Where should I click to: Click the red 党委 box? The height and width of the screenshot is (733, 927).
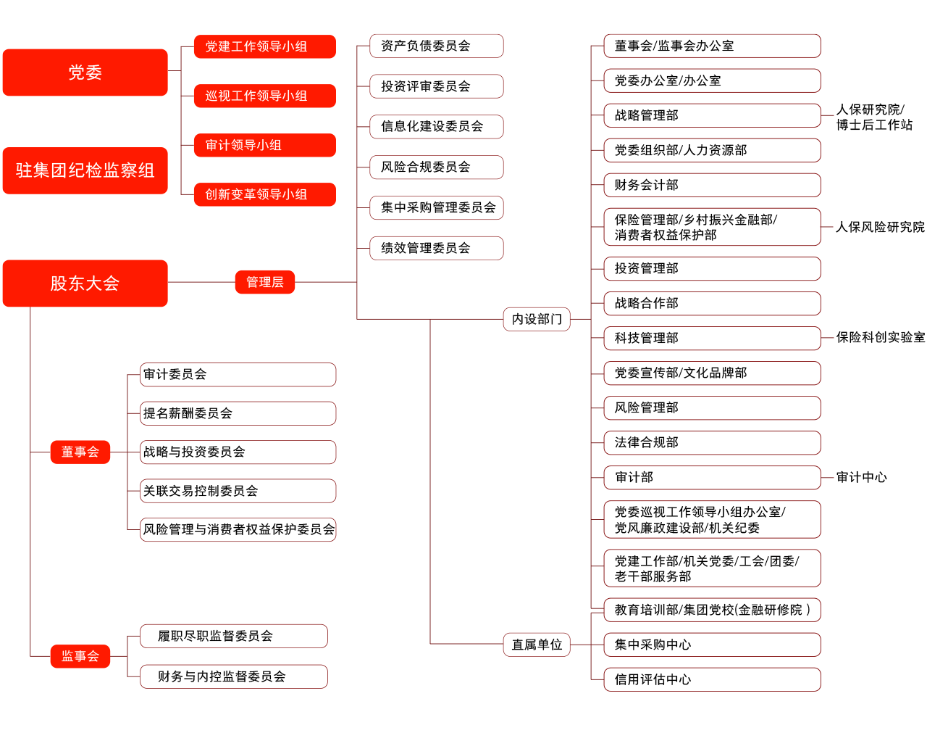point(85,73)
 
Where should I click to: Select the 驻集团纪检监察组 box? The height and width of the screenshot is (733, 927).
point(85,170)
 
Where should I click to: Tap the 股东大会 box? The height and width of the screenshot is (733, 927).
point(85,283)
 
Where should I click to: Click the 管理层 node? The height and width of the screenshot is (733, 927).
point(264,282)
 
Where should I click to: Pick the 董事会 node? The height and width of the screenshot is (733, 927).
point(80,452)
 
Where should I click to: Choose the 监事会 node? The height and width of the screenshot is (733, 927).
point(80,656)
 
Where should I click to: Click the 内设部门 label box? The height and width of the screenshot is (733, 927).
point(537,319)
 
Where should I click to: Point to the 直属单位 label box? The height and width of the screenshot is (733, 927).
point(537,645)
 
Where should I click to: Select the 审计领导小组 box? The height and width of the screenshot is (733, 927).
point(264,145)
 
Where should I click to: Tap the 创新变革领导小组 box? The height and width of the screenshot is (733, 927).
point(264,194)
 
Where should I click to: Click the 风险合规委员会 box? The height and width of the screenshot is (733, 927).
point(436,167)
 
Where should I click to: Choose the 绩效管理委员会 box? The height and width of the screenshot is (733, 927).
point(436,248)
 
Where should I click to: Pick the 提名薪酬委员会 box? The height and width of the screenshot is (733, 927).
point(238,413)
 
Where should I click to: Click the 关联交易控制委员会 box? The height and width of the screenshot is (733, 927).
point(238,491)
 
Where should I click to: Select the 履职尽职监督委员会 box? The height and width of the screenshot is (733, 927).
point(233,636)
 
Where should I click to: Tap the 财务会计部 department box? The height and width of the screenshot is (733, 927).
point(712,185)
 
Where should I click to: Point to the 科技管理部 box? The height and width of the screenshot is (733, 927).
point(712,338)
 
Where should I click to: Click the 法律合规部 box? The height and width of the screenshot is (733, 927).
point(712,442)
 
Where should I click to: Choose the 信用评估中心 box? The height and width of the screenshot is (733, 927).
point(712,679)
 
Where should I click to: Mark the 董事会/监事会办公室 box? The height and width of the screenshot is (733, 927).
point(712,46)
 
